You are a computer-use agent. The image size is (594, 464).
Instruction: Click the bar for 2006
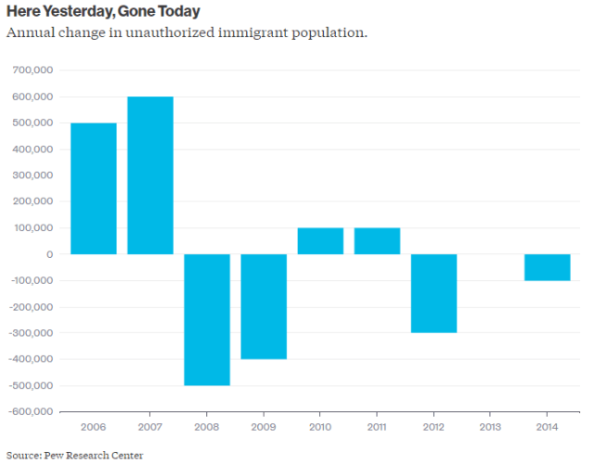point(94,188)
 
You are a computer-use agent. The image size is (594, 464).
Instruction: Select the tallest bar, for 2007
point(150,175)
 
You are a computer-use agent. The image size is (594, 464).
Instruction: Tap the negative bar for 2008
point(207,319)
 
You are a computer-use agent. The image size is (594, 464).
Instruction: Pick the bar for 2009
point(264,306)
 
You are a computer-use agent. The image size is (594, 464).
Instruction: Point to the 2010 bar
point(320,241)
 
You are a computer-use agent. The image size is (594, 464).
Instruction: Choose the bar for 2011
point(377,241)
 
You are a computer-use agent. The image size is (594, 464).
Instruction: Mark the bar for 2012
point(434,293)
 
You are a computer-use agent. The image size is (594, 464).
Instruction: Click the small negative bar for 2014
point(548,267)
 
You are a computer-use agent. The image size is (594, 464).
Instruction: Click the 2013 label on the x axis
point(491,428)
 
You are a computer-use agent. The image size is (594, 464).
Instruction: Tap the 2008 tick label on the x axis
point(207,428)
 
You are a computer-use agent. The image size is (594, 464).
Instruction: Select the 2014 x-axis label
point(548,428)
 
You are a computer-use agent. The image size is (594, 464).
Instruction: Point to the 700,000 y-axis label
point(32,71)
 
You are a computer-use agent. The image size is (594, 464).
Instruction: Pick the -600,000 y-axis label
point(30,412)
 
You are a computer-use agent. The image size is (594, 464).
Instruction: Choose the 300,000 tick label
point(32,175)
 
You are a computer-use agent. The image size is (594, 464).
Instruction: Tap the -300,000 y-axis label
point(30,333)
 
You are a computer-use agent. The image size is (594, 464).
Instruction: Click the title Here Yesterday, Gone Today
point(103,12)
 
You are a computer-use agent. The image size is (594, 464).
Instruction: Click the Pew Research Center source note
point(63,454)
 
